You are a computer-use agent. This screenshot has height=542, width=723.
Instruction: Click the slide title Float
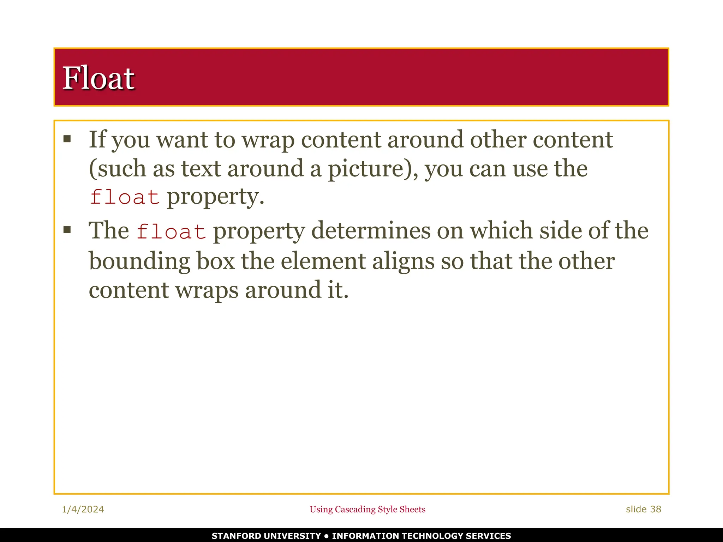point(98,78)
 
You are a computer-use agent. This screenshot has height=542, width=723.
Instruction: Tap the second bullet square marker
point(67,230)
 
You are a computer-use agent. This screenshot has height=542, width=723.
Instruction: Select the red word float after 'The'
point(171,231)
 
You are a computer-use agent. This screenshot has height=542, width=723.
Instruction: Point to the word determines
point(371,231)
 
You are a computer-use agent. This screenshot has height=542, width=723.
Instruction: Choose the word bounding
point(139,261)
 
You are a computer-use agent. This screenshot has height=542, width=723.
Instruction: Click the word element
point(323,261)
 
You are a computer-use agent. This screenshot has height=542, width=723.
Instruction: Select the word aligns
point(403,261)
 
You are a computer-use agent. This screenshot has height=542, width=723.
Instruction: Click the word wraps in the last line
point(207,290)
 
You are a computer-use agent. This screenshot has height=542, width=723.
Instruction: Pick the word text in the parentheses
point(201,169)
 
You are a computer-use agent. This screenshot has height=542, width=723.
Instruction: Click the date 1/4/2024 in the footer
point(83,509)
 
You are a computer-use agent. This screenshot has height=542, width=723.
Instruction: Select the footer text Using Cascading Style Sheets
point(368,509)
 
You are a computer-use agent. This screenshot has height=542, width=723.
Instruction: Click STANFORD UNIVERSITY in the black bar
point(266,536)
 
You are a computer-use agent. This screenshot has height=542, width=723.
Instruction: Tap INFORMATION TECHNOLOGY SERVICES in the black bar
point(422,536)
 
